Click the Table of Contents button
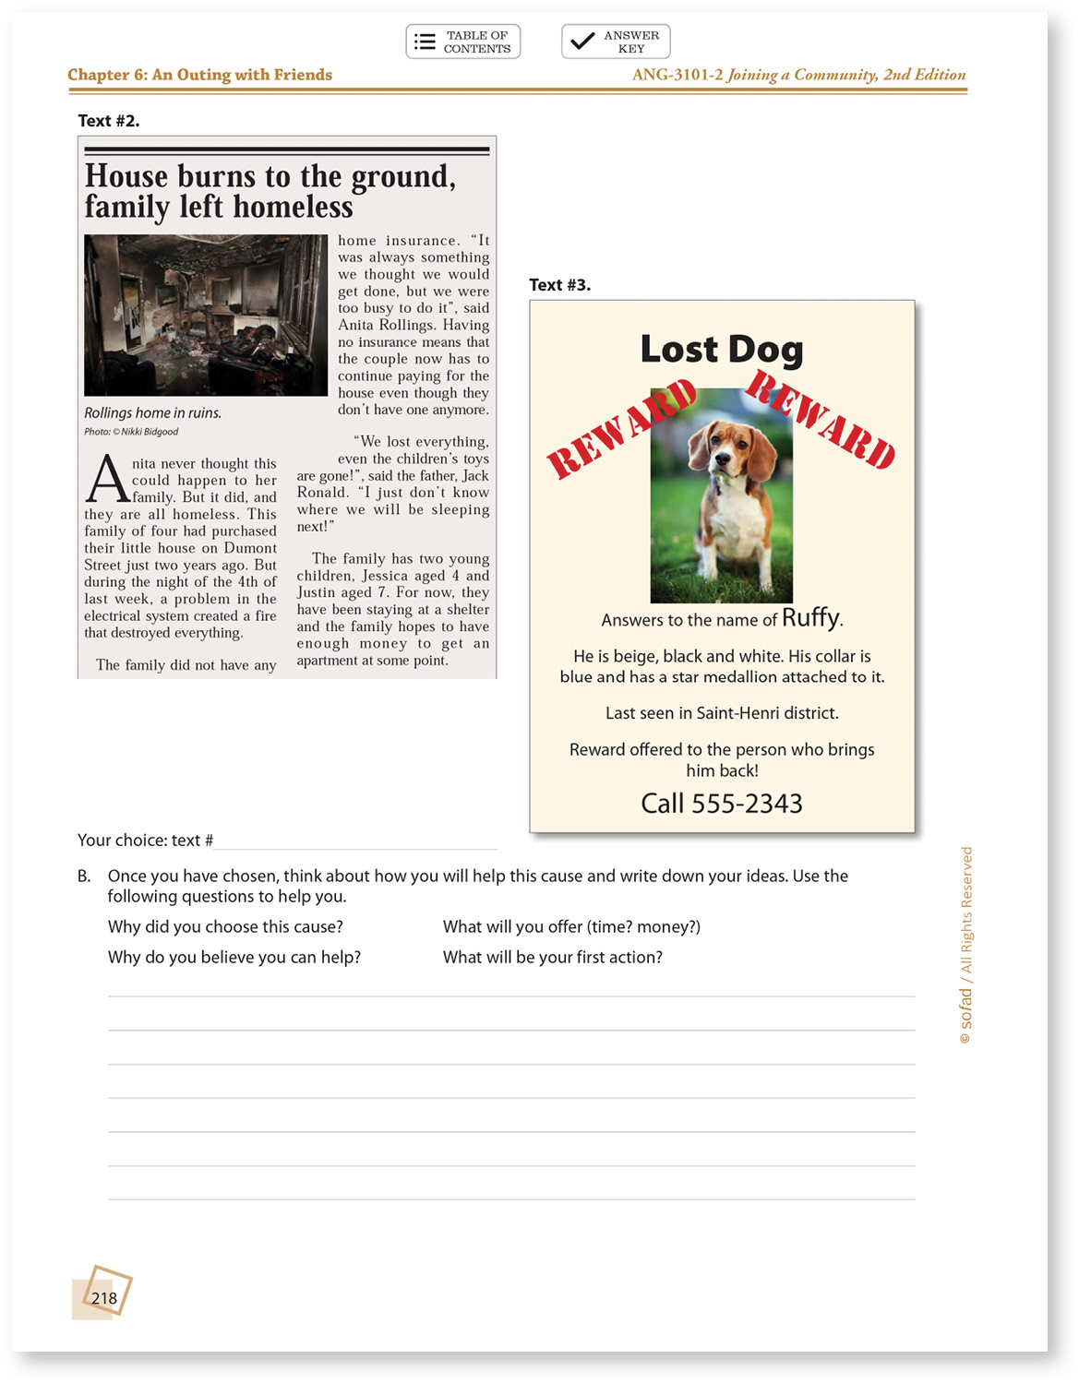pos(462,42)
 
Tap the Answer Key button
pos(616,42)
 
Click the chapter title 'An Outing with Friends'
pos(242,75)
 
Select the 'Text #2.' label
pos(109,121)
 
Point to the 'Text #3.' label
pos(559,285)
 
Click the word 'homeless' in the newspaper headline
pos(293,208)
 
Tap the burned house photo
pos(206,315)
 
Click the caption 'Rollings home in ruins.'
pos(152,413)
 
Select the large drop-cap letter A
pos(107,479)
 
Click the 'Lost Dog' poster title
pos(721,350)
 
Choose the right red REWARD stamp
pos(821,419)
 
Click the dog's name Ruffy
pos(811,617)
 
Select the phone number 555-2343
pos(747,804)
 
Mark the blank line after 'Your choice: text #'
pos(355,841)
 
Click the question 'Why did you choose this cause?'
pos(225,927)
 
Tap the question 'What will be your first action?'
pos(552,958)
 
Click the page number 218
pos(104,1298)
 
